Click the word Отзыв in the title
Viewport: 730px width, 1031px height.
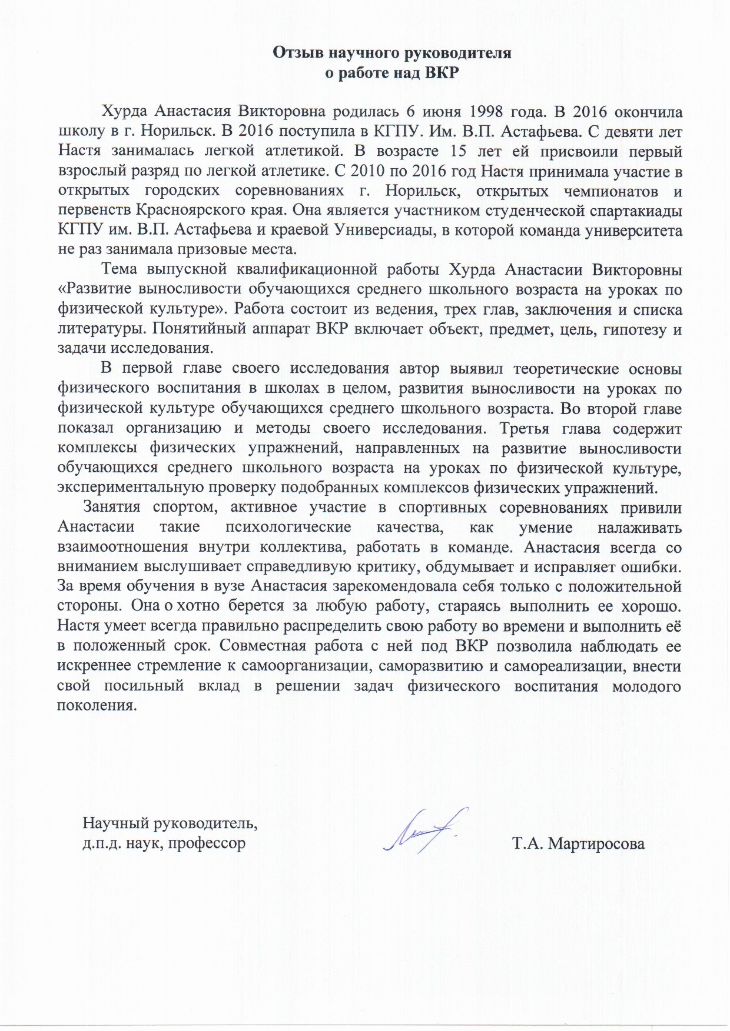[297, 53]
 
